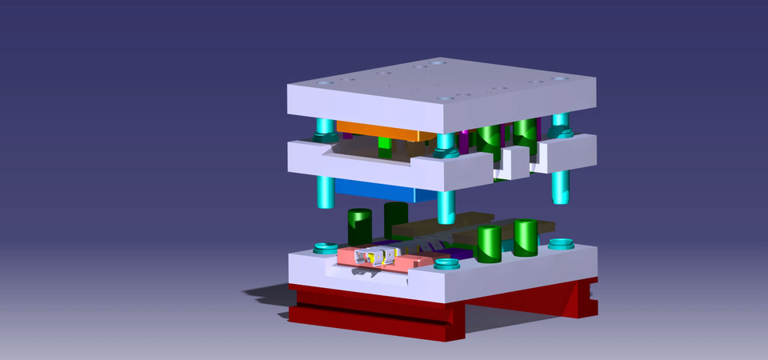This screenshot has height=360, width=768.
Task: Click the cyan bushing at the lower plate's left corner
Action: coord(324,247)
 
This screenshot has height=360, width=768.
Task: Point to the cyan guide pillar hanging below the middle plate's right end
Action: coord(561,186)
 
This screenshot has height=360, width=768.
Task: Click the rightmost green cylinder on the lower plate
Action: coord(526,238)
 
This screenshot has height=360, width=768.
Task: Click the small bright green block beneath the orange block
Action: coord(386,143)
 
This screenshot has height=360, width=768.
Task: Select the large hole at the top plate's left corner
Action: coord(322,82)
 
